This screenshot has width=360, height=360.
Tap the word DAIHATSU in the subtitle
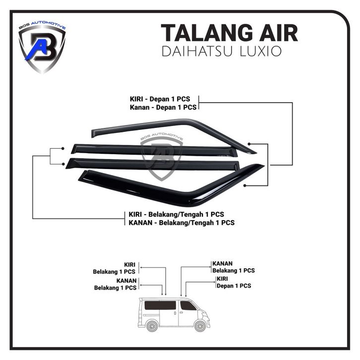pyautogui.click(x=197, y=51)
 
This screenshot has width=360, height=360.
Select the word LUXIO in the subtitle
pyautogui.click(x=261, y=51)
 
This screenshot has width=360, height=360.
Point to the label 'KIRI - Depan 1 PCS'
pyautogui.click(x=160, y=99)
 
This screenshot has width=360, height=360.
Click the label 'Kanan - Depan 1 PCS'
pyautogui.click(x=163, y=107)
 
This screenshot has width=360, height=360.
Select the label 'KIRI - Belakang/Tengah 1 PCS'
pyautogui.click(x=177, y=214)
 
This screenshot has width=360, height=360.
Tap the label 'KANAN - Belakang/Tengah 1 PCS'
pyautogui.click(x=181, y=223)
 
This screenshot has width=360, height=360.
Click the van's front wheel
pyautogui.click(x=200, y=326)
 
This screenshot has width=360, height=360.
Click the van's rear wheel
pyautogui.click(x=152, y=326)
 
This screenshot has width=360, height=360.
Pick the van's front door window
pyautogui.click(x=187, y=305)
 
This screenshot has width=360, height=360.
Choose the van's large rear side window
pyautogui.click(x=160, y=305)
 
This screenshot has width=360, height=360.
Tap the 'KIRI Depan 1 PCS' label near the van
pyautogui.click(x=234, y=282)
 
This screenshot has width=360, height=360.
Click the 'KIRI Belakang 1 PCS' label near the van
pyautogui.click(x=114, y=268)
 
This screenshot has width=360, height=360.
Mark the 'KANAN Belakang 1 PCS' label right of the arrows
pyautogui.click(x=234, y=267)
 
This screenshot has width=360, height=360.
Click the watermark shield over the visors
pyautogui.click(x=162, y=157)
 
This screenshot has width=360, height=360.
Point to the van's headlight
pyautogui.click(x=206, y=313)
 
